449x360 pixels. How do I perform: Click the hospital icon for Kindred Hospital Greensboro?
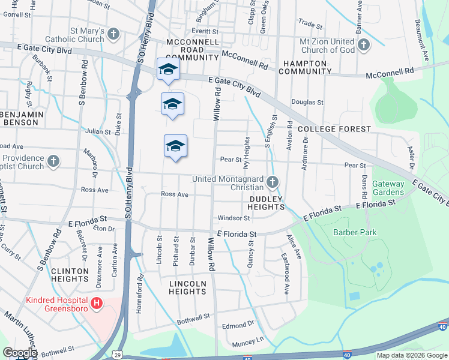pyautogui.click(x=97, y=304)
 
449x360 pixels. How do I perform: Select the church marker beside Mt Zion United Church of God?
pyautogui.click(x=364, y=45)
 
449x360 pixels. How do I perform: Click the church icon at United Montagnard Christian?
pyautogui.click(x=273, y=182)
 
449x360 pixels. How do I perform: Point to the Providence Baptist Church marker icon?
pyautogui.click(x=54, y=161)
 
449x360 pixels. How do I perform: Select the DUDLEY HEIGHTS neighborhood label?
pyautogui.click(x=266, y=202)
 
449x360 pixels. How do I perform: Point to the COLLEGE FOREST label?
pyautogui.click(x=334, y=129)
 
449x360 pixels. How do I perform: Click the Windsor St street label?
pyautogui.click(x=234, y=218)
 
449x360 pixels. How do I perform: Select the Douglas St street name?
pyautogui.click(x=307, y=103)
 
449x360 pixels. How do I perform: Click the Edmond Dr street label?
pyautogui.click(x=238, y=325)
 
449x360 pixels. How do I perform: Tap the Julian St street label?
pyautogui.click(x=98, y=131)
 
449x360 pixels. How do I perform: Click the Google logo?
pyautogui.click(x=20, y=353)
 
